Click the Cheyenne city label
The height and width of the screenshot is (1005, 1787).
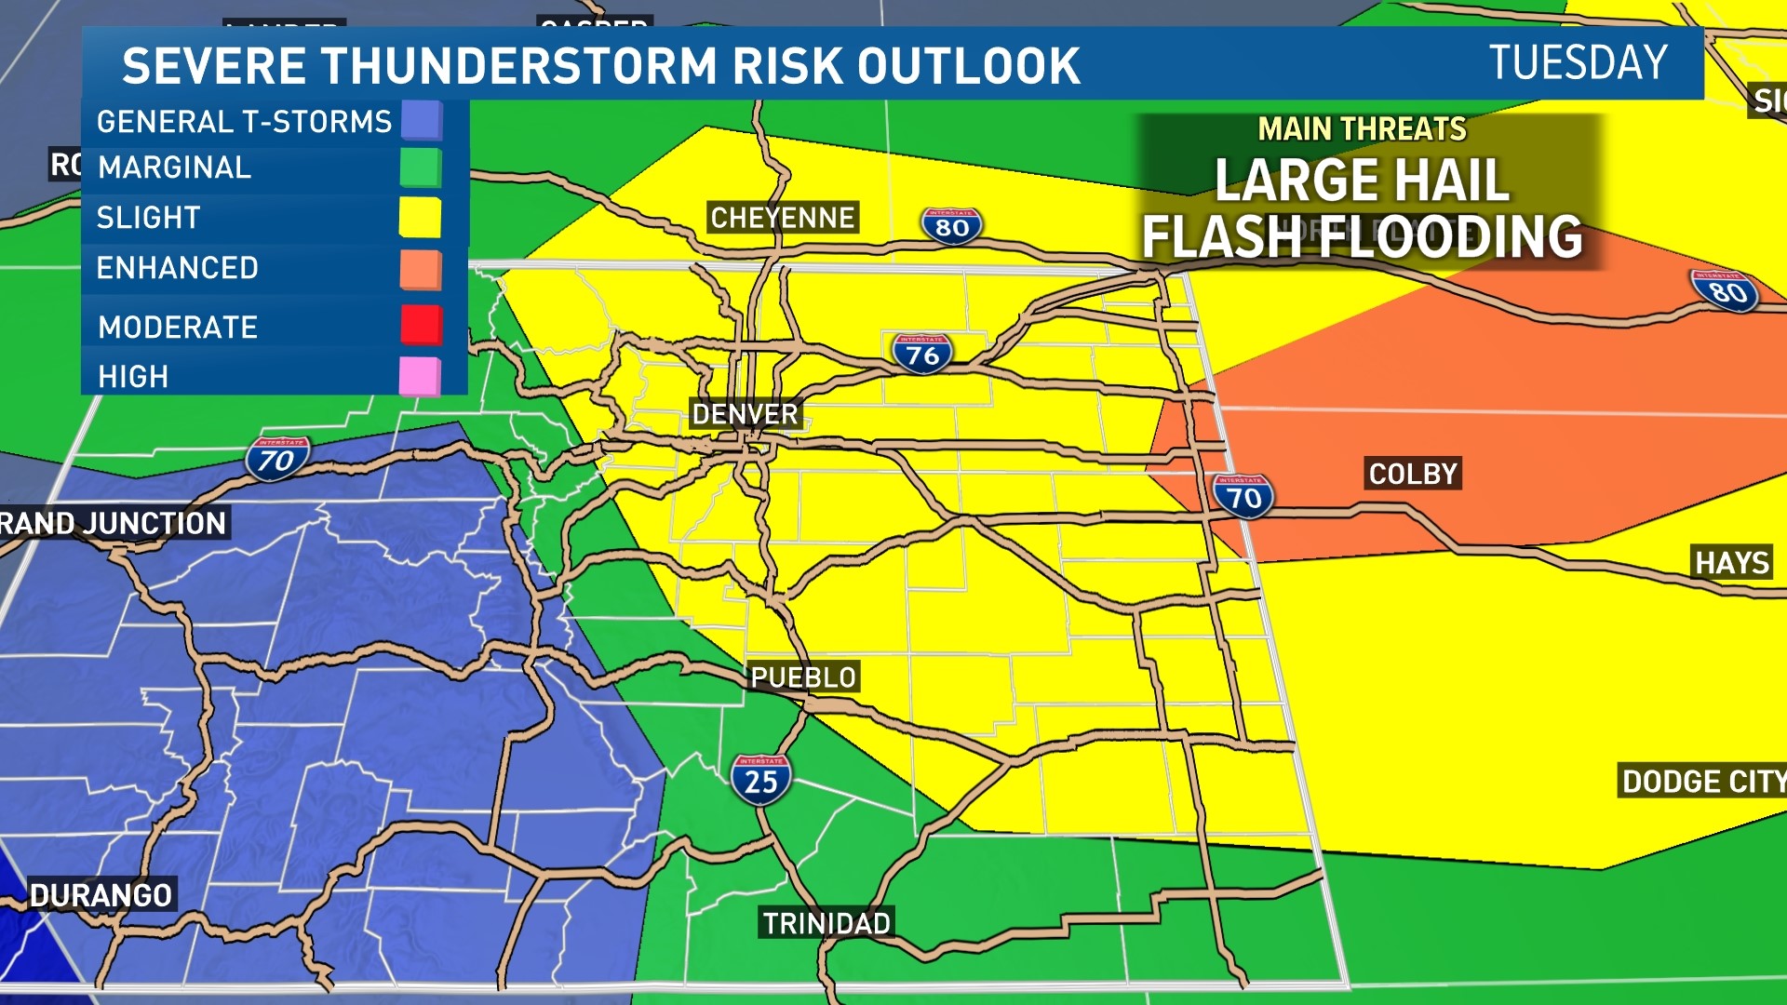click(782, 218)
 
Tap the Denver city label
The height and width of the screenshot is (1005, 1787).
click(746, 414)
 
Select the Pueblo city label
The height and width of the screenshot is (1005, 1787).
click(803, 677)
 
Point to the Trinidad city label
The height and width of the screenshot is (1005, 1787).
click(826, 923)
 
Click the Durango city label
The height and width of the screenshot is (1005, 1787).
click(101, 895)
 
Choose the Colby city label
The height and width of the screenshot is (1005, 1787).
click(1413, 474)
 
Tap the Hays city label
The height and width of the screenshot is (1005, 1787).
click(1731, 563)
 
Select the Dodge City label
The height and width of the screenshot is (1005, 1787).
click(1701, 782)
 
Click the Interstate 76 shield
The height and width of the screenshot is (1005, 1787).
click(922, 354)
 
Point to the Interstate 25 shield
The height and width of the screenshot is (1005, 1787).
click(760, 780)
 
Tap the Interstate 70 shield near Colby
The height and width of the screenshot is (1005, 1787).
click(1243, 497)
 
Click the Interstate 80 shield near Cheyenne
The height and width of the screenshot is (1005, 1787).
click(951, 226)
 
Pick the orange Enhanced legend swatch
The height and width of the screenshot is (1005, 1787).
click(421, 270)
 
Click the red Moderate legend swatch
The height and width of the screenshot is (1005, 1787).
click(421, 325)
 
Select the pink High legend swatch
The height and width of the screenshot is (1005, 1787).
click(420, 377)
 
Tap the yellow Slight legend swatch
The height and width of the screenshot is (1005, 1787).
click(420, 217)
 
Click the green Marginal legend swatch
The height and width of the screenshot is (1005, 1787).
click(421, 168)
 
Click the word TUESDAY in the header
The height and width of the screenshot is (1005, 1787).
click(1579, 63)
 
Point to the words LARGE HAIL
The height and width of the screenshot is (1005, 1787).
click(1361, 180)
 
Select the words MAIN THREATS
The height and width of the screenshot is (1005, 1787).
click(1362, 128)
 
